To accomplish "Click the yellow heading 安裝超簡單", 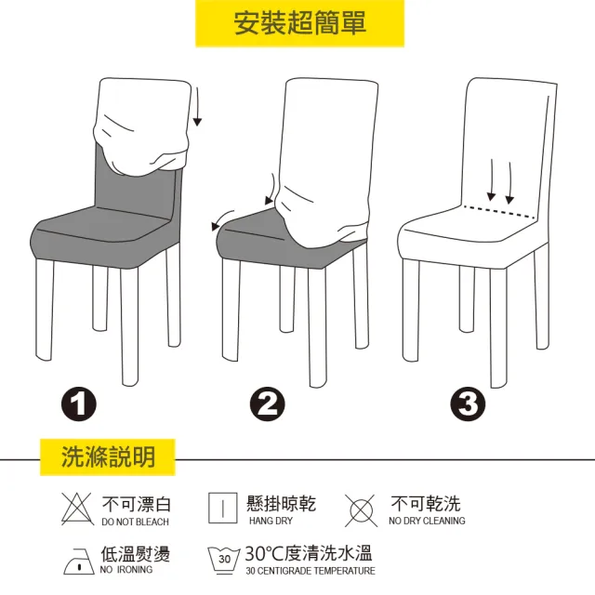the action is click(x=299, y=23).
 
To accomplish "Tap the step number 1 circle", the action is click(x=79, y=403).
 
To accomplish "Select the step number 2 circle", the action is click(x=268, y=403).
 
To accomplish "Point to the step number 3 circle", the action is click(x=469, y=403).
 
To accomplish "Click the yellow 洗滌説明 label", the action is click(x=108, y=456).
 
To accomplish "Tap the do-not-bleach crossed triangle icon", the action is click(x=77, y=509).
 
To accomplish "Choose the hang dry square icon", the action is click(x=223, y=509).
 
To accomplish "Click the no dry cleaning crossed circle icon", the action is click(x=362, y=510).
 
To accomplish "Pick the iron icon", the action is click(x=78, y=562).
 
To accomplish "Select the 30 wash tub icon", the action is click(x=224, y=561).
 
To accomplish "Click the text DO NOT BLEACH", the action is click(x=135, y=522).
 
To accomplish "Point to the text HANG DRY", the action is click(x=271, y=521).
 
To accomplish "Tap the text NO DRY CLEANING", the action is click(x=427, y=521).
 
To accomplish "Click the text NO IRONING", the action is click(x=126, y=570).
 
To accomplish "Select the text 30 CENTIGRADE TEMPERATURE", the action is click(x=311, y=571).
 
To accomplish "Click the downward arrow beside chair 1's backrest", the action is click(x=197, y=107).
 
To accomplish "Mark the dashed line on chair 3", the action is click(x=499, y=212).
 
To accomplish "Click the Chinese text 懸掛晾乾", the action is click(x=281, y=504).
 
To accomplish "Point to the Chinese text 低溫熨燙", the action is click(x=136, y=554).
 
